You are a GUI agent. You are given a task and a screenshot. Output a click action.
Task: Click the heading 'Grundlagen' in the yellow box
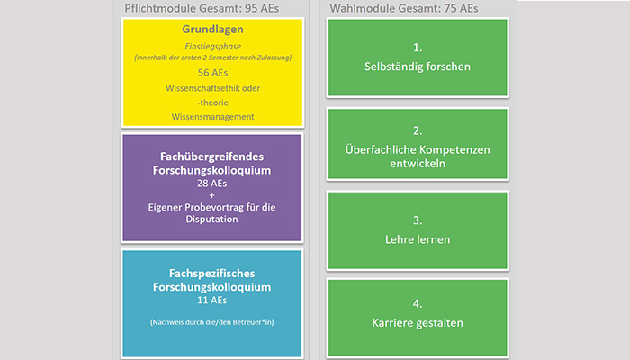tap(212, 30)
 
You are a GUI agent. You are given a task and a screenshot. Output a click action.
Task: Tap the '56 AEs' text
tap(212, 73)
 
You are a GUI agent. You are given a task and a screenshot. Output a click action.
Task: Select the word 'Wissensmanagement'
tap(212, 117)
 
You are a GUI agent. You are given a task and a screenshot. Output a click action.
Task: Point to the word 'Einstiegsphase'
tap(212, 47)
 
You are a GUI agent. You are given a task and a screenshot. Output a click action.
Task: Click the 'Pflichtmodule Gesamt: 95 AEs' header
tap(202, 8)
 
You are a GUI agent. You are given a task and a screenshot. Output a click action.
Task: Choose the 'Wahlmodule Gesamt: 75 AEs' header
tap(404, 8)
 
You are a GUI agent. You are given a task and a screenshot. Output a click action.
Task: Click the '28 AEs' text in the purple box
tap(211, 184)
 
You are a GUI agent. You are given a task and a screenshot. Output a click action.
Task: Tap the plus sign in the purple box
tap(211, 195)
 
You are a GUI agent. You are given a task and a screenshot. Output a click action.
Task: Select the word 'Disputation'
tap(211, 220)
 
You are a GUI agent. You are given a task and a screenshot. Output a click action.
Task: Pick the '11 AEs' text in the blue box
tap(211, 300)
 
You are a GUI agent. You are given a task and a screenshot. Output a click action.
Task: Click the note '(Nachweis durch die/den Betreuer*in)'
tap(212, 322)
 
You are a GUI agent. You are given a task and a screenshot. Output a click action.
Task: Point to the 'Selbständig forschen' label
tap(418, 67)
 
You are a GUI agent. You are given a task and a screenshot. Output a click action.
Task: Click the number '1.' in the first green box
tap(418, 48)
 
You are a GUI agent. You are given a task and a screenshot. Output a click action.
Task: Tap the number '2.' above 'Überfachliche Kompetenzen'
tap(418, 131)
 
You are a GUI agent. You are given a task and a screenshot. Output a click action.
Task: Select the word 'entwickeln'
tap(418, 164)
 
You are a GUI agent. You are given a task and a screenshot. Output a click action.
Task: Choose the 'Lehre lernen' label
tap(418, 240)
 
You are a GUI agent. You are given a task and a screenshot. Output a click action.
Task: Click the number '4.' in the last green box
tap(418, 304)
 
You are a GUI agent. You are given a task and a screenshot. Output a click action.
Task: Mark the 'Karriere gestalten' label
tap(418, 323)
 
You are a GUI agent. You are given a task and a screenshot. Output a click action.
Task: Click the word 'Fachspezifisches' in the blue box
tap(211, 274)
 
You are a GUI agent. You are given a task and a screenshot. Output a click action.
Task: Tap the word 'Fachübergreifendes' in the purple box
tap(211, 157)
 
